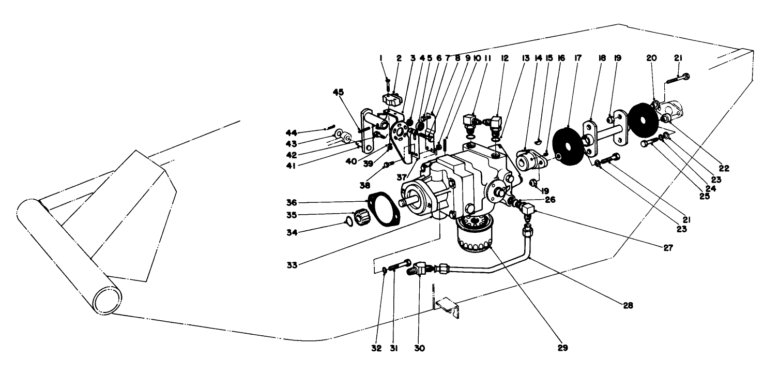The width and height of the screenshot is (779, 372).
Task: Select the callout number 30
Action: (419, 349)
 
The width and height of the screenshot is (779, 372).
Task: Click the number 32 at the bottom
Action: (377, 349)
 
